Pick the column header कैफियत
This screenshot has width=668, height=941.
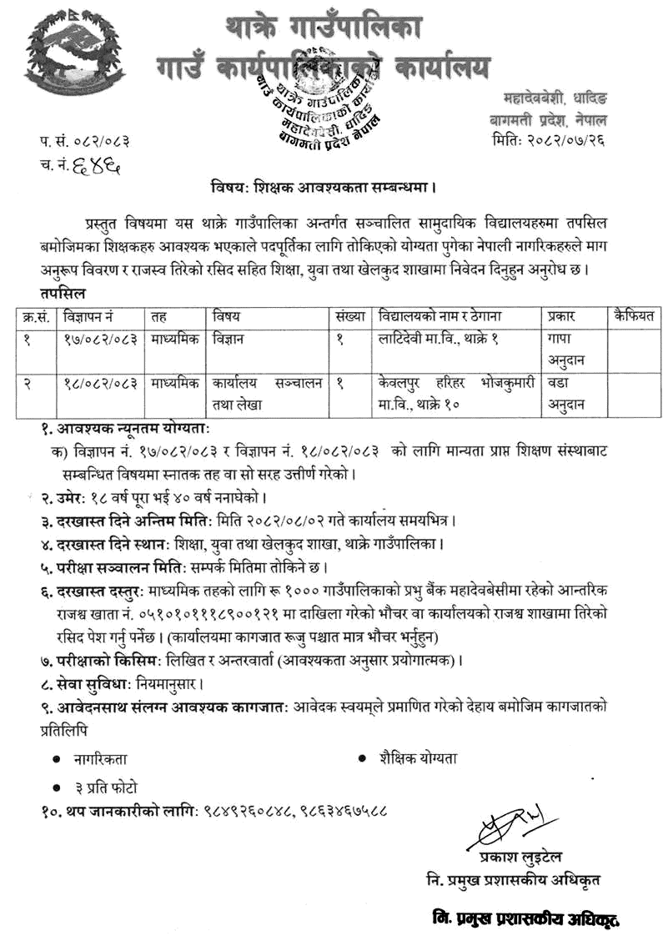pyautogui.click(x=633, y=316)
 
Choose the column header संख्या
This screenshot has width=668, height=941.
pyautogui.click(x=352, y=316)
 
